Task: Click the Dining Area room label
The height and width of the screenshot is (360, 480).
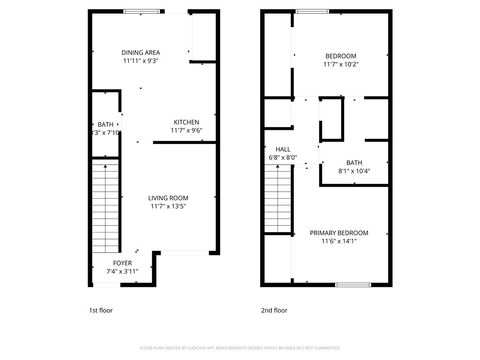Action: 141,52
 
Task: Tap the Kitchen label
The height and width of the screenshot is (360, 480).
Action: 186,121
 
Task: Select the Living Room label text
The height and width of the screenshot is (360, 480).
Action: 169,198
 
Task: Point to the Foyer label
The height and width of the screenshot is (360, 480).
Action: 122,262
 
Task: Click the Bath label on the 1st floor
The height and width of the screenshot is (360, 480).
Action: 105,123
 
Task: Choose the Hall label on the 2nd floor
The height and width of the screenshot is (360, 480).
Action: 276,148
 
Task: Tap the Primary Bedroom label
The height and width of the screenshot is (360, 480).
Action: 338,231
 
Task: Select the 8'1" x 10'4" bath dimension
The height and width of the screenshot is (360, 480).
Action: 355,171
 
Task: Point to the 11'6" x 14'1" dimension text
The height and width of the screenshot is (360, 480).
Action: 339,240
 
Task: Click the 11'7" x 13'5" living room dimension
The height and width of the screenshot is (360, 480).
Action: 169,207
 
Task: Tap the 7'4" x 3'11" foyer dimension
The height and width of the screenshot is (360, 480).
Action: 122,271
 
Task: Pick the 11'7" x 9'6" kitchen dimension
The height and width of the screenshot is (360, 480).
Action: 186,130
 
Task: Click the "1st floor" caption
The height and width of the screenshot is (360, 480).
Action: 101,311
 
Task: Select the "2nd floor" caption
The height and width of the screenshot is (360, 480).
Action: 274,311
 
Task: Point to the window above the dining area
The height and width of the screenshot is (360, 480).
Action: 140,12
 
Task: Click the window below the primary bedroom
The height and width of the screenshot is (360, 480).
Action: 352,285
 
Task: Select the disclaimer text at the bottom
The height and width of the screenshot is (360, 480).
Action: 240,349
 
